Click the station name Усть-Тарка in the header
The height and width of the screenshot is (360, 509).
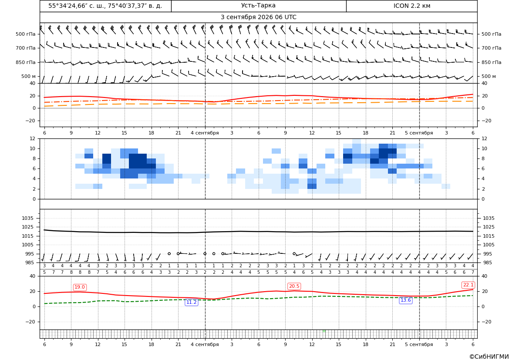coord(258,6)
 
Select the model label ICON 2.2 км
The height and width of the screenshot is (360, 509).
coord(412,6)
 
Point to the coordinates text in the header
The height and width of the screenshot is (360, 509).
coord(105,6)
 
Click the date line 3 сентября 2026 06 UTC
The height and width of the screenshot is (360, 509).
coord(258,17)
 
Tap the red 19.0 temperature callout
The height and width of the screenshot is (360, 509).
coord(80,287)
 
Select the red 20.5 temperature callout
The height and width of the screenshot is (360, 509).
coord(294,286)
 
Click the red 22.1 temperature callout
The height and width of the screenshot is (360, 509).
coord(468,285)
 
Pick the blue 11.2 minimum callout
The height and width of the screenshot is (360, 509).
coord(192,302)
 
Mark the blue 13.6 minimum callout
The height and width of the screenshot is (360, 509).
coord(405,300)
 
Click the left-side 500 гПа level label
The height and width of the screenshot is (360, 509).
coord(26,34)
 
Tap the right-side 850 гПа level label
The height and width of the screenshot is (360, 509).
coord(491,62)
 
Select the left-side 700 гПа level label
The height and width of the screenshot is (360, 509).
coord(26,48)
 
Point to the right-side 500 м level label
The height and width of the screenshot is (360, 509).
coord(489,76)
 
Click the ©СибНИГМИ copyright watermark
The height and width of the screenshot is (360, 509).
coord(489,357)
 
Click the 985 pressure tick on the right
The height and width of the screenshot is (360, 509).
coord(488,262)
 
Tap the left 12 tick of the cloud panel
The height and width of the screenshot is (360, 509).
coord(33,138)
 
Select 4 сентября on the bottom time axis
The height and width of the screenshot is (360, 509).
coord(205,344)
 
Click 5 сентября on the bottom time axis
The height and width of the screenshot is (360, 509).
coord(419,344)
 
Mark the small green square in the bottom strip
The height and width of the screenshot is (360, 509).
coord(324,331)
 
